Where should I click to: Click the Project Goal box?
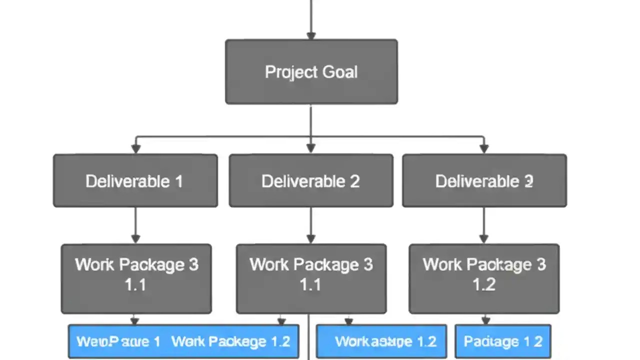pyautogui.click(x=311, y=72)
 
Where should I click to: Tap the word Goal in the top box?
pyautogui.click(x=340, y=72)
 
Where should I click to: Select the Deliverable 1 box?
pyautogui.click(x=135, y=180)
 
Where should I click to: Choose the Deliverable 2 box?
pyautogui.click(x=310, y=180)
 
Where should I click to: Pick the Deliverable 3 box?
pyautogui.click(x=484, y=180)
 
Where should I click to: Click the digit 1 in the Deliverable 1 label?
pyautogui.click(x=178, y=181)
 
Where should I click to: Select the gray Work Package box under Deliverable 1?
pyautogui.click(x=136, y=278)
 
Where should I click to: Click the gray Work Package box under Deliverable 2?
pyautogui.click(x=311, y=278)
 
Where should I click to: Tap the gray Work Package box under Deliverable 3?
pyautogui.click(x=484, y=278)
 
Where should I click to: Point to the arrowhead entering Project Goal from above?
pyautogui.click(x=311, y=35)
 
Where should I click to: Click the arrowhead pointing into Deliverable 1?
pyautogui.click(x=135, y=149)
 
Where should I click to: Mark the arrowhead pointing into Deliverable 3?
pyautogui.click(x=483, y=149)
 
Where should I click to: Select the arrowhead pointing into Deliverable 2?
pyautogui.click(x=311, y=149)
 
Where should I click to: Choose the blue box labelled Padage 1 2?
pyautogui.click(x=502, y=341)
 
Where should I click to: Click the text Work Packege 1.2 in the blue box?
pyautogui.click(x=230, y=341)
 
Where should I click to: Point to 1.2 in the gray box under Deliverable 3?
pyautogui.click(x=484, y=284)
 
